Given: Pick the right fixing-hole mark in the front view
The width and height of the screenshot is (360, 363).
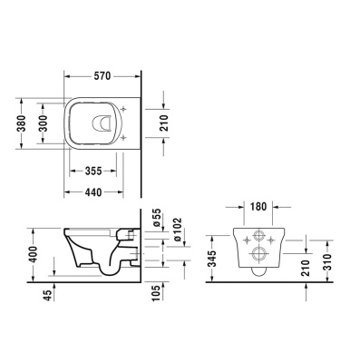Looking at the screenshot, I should pyautogui.click(x=273, y=238).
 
